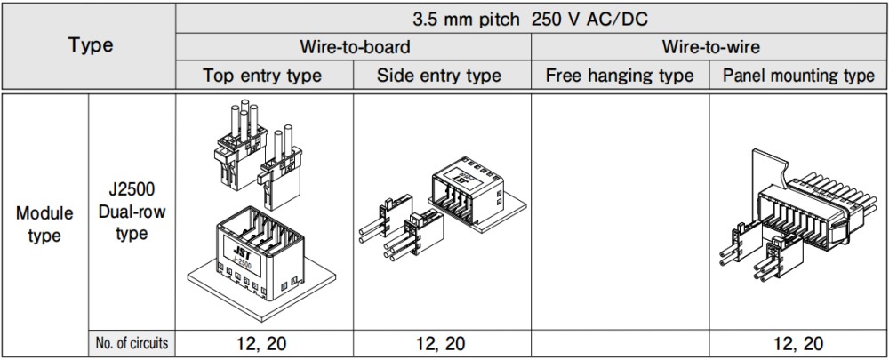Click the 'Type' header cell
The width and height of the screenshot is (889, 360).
pyautogui.click(x=91, y=45)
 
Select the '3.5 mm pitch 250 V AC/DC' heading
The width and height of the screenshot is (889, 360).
pyautogui.click(x=530, y=20)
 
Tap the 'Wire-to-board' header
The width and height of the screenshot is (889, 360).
pyautogui.click(x=355, y=46)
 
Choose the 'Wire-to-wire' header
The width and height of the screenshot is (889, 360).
pyautogui.click(x=711, y=46)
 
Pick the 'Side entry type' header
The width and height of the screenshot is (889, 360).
pyautogui.click(x=439, y=76)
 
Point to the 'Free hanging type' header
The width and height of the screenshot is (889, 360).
pyautogui.click(x=620, y=76)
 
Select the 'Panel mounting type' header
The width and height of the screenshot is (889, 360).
pyautogui.click(x=799, y=76)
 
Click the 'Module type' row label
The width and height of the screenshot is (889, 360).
pyautogui.click(x=44, y=225)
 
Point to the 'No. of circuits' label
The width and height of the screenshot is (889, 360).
pyautogui.click(x=132, y=343)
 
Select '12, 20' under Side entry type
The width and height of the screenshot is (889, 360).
pyautogui.click(x=441, y=344)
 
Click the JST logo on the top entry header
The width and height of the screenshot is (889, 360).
pyautogui.click(x=242, y=248)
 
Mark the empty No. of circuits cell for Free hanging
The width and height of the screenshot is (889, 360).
pyautogui.click(x=620, y=344)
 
